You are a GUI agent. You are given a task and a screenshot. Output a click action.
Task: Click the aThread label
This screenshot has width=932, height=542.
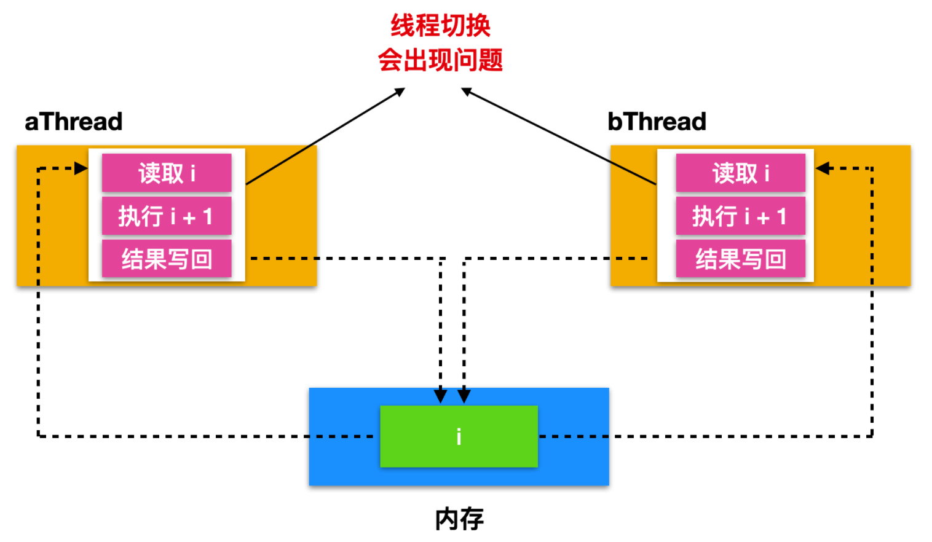pos(74,122)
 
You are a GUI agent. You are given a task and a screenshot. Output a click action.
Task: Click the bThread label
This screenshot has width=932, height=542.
pos(657,122)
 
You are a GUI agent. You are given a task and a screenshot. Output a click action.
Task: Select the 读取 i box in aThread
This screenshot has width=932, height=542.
pos(167,173)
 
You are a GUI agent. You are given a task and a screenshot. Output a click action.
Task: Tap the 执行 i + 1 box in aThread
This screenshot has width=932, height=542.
pos(167,216)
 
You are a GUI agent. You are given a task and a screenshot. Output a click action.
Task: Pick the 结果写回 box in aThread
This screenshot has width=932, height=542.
pos(167,259)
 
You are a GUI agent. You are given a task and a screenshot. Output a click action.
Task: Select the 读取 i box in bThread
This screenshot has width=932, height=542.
pos(740,173)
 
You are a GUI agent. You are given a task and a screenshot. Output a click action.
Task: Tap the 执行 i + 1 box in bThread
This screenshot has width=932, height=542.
pos(740,216)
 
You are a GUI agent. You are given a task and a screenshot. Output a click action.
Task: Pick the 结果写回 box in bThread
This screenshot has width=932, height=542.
pos(740,259)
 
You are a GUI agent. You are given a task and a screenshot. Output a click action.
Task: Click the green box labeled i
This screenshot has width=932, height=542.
pos(459,436)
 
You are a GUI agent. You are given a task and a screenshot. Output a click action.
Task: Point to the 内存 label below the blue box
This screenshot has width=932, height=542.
pos(459,519)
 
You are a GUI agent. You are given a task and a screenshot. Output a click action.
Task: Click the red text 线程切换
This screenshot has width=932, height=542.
pos(440,26)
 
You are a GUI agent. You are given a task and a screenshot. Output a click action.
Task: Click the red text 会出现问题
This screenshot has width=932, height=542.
pos(440,60)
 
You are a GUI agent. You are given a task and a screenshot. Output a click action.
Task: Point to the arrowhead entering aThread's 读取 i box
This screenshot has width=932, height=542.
pos(81,168)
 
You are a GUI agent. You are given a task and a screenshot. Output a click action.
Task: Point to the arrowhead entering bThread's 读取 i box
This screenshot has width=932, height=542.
pos(824,168)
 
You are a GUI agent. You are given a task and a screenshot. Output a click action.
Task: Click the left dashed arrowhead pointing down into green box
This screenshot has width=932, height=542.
pos(440,395)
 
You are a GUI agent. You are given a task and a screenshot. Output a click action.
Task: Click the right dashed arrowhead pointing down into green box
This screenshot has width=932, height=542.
pos(464,395)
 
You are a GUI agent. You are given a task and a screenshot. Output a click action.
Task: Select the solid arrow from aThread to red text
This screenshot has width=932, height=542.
pos(325,136)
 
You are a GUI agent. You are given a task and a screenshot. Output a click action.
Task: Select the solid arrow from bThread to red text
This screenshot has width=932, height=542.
pos(558,136)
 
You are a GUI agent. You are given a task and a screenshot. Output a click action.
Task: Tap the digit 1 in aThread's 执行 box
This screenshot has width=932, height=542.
pos(208,216)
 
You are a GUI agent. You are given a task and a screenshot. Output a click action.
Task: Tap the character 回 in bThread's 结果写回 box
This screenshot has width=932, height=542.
pos(776,259)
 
